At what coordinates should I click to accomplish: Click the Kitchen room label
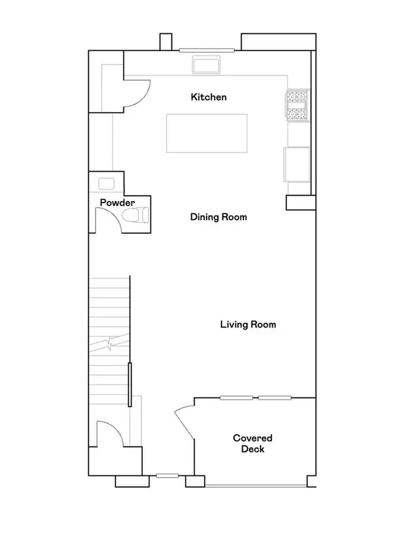point(208,97)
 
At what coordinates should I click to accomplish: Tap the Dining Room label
point(218,217)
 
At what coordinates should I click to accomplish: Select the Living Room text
point(248,324)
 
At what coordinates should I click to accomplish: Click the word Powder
point(117,202)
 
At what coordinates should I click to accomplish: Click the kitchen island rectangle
point(207,134)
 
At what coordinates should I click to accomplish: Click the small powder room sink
point(106,183)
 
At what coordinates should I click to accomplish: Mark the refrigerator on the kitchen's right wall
point(297,164)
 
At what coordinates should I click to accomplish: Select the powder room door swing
point(105,221)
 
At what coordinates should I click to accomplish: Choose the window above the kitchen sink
point(207,50)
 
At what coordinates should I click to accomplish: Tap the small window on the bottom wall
point(167,476)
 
